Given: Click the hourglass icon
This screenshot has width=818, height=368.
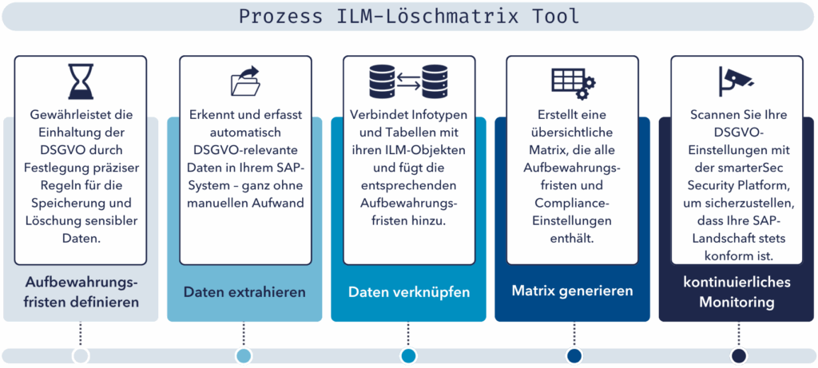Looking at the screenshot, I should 81,82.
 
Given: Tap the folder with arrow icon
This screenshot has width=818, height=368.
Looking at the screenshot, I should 244,81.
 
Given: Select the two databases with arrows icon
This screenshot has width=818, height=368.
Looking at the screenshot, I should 408,81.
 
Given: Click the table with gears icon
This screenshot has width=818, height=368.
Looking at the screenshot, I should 573,81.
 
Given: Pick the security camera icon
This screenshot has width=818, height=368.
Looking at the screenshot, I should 735,81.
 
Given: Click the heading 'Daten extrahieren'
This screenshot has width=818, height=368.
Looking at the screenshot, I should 244,292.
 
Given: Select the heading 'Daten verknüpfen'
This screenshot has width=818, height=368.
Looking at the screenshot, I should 408,292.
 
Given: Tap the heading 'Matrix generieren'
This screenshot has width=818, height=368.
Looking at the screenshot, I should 572,291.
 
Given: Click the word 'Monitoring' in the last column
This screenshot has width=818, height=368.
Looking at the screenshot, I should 736,303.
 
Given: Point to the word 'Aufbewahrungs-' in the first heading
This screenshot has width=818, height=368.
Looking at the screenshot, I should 81,283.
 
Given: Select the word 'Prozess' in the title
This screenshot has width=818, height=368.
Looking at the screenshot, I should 272,15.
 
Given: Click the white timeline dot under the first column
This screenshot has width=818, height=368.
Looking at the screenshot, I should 81,355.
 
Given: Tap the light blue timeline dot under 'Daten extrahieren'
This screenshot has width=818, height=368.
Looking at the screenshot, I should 244,355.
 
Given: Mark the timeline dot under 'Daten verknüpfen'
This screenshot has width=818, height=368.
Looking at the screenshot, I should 408,355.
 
